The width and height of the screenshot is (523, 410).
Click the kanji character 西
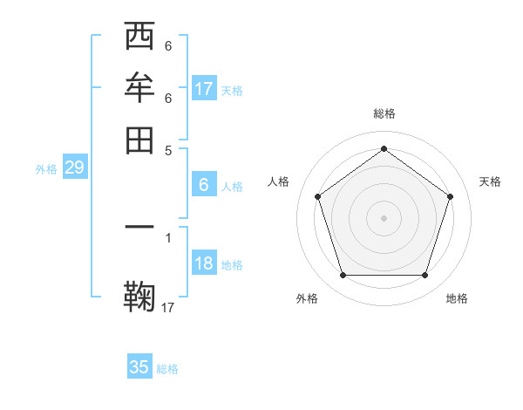(x=140, y=38)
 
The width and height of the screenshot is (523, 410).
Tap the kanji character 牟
(x=140, y=88)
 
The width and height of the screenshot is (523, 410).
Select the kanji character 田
(x=140, y=140)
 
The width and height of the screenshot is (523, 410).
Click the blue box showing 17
(x=204, y=89)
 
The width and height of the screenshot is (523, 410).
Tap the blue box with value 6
(x=204, y=185)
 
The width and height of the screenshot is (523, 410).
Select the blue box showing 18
(x=204, y=263)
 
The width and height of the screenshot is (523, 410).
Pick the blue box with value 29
(x=74, y=167)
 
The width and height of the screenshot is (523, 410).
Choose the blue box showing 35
(x=139, y=367)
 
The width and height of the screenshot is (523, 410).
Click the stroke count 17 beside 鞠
(x=168, y=307)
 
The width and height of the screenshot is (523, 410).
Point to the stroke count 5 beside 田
(x=168, y=149)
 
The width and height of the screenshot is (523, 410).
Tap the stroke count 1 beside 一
(x=168, y=236)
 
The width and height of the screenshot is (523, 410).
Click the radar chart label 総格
(x=384, y=113)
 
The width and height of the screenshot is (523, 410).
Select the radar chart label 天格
(x=490, y=181)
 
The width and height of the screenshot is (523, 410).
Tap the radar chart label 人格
(x=278, y=181)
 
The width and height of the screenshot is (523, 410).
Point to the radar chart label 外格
(x=307, y=298)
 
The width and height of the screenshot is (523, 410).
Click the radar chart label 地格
(x=457, y=298)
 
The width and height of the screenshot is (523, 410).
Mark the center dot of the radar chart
(x=384, y=217)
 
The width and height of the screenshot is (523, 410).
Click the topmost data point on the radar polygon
(x=384, y=149)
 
